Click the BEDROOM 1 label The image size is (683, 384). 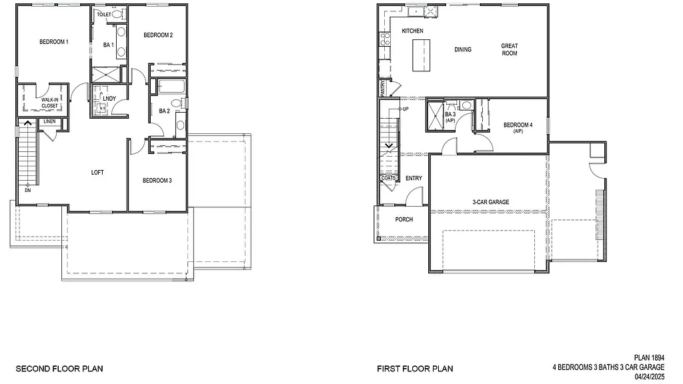(x=54, y=42)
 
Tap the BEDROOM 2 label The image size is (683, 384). (x=158, y=35)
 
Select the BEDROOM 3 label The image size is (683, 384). (x=157, y=181)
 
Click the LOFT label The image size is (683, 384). (x=97, y=173)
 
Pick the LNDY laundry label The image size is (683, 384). (x=110, y=99)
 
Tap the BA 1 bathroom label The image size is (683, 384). (x=108, y=45)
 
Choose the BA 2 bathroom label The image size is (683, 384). (x=164, y=111)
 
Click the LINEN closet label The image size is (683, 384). (x=50, y=122)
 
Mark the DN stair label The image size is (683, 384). (x=27, y=190)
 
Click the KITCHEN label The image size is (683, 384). (x=412, y=31)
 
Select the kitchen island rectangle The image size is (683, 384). (x=422, y=55)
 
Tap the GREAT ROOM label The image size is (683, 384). (x=510, y=50)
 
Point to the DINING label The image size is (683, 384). (x=463, y=49)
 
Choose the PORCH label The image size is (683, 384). (x=404, y=219)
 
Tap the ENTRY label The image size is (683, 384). (x=414, y=178)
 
